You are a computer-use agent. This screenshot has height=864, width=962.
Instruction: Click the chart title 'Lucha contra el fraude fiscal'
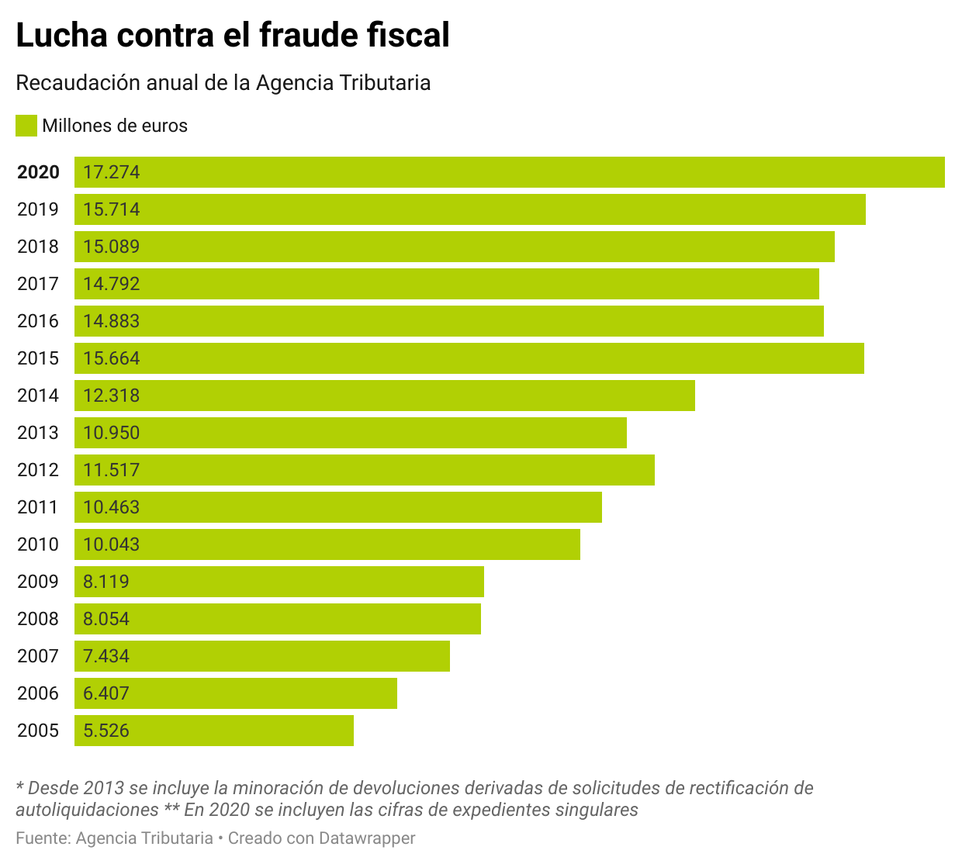[x=233, y=36]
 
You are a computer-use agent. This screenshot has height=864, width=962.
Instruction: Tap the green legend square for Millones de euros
[x=26, y=126]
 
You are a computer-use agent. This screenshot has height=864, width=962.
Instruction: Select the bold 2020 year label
[x=38, y=172]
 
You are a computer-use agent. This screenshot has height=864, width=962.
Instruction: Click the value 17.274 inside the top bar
[x=111, y=172]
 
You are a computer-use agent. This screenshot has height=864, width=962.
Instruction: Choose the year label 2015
[x=38, y=358]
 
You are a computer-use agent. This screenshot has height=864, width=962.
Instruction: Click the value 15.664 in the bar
[x=111, y=358]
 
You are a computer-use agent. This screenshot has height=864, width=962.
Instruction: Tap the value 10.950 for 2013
[x=111, y=433]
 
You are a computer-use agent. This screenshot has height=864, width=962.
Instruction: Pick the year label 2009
[x=38, y=582]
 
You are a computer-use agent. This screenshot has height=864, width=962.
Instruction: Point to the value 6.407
[x=106, y=693]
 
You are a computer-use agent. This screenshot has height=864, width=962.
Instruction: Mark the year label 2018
[x=38, y=247]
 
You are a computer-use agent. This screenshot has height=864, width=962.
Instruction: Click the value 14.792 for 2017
[x=111, y=284]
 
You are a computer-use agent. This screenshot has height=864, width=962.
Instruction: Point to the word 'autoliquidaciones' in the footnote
[x=87, y=810]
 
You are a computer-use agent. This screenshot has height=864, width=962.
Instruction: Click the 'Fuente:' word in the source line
[x=43, y=838]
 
